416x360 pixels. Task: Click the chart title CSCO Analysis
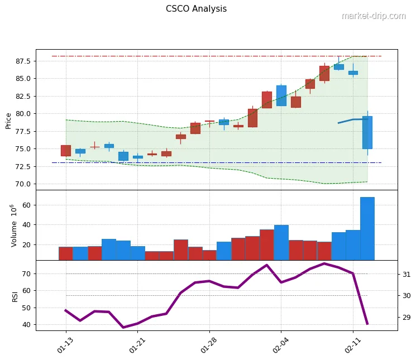click(x=196, y=9)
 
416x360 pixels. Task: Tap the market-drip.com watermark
click(x=373, y=16)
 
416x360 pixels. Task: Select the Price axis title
click(x=8, y=120)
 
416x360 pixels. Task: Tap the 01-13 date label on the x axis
click(x=65, y=342)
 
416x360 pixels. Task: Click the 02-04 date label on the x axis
click(x=280, y=342)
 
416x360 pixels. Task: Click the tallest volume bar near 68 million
click(x=367, y=228)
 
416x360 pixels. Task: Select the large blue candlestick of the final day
click(x=367, y=132)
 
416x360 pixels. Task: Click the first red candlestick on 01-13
click(x=66, y=150)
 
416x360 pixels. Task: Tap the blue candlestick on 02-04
click(x=281, y=95)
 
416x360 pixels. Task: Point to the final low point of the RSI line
click(x=367, y=323)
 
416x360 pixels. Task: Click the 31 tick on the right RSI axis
click(x=407, y=275)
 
